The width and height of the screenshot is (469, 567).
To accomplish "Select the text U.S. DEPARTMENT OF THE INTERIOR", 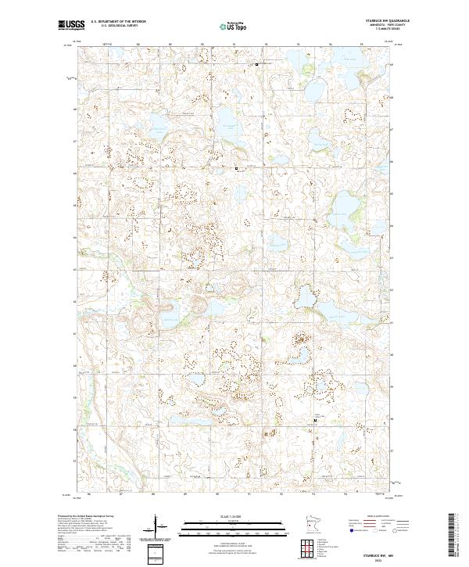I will [118, 22].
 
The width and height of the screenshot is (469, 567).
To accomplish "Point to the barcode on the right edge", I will [456, 536].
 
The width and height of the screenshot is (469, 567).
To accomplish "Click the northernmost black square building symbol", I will [257, 63].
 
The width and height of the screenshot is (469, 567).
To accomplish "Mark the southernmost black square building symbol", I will [315, 420].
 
